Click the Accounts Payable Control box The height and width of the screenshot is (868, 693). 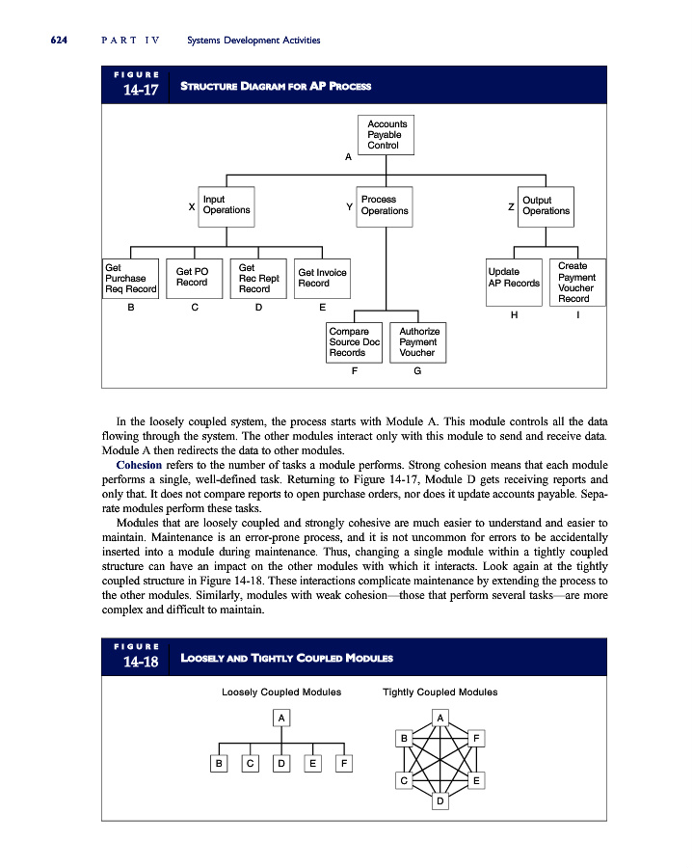click(386, 134)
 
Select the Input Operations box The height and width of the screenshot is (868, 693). click(226, 205)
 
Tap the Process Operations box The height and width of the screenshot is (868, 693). click(385, 205)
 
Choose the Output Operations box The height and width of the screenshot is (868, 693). click(546, 205)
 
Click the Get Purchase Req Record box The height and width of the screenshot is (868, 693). click(130, 278)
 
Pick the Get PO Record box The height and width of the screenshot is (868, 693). click(193, 278)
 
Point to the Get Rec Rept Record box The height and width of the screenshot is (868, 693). click(258, 278)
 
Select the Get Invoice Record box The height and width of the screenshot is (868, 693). click(322, 278)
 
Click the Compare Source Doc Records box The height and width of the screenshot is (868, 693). click(354, 342)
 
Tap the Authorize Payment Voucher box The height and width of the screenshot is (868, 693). click(418, 342)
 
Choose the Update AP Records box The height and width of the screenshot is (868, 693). click(514, 278)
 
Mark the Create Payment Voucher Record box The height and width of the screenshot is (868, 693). click(576, 282)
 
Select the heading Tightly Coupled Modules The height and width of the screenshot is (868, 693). click(440, 692)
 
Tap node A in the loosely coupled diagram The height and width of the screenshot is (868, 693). click(280, 718)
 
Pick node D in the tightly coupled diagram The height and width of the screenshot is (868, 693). click(440, 801)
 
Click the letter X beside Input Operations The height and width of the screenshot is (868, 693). click(192, 206)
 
